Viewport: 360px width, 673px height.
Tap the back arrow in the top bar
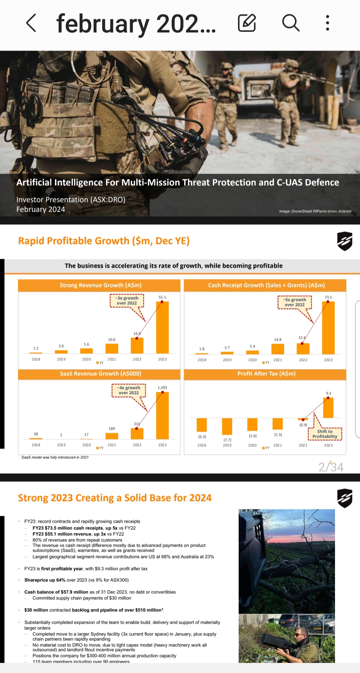31,23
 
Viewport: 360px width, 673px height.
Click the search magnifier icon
291,23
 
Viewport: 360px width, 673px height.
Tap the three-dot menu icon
328,23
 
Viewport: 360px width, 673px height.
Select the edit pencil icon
247,23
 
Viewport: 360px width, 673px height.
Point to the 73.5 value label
328,297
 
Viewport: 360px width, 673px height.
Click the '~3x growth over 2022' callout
127,301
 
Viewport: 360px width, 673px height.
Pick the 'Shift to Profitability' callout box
325,434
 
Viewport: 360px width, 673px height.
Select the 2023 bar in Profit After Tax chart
328,408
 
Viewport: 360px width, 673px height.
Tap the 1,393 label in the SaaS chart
162,388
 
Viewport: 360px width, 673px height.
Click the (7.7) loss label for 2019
227,440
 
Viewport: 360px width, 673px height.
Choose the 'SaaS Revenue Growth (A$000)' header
101,374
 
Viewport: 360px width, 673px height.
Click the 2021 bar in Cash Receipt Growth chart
278,349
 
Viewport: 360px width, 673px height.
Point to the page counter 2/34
331,467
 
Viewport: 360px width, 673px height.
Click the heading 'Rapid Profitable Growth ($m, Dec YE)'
104,241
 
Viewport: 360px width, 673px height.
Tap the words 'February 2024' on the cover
41,209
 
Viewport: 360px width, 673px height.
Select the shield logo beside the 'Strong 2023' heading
345,498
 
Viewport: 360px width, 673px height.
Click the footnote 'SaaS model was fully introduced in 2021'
55,457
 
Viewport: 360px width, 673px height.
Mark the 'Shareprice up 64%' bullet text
76,580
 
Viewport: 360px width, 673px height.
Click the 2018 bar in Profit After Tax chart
202,425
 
